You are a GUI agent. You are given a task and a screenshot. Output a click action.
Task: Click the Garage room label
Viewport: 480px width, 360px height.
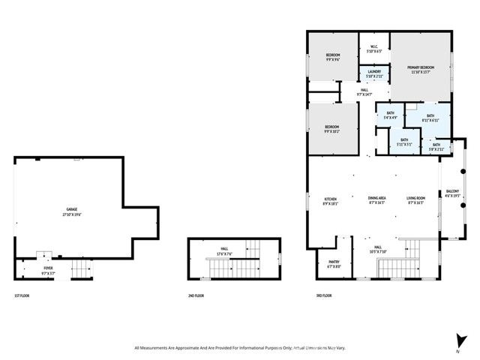72,211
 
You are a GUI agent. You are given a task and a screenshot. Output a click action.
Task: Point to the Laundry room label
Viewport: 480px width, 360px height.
374,74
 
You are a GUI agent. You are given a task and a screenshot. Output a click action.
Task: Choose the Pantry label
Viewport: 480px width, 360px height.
334,265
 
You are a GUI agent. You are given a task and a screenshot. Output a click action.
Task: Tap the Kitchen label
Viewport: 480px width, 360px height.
331,201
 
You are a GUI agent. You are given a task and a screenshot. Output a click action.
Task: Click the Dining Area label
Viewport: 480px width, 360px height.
376,201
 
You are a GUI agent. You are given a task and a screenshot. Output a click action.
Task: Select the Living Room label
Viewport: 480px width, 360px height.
415,201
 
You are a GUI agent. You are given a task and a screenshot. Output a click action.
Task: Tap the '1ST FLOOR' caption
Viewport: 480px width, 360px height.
22,296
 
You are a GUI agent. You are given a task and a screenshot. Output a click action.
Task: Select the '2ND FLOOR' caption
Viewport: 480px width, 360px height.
196,296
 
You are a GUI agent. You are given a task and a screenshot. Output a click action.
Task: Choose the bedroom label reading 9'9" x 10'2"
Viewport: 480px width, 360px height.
331,129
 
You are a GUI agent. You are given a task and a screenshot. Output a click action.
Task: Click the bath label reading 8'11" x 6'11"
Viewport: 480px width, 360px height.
420,118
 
